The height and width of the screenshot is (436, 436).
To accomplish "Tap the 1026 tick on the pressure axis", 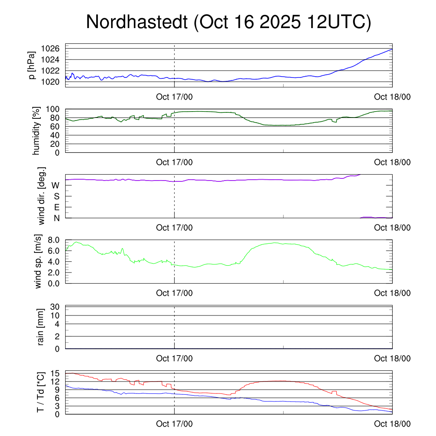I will pos(52,49).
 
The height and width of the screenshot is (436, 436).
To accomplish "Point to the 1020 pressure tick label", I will pos(52,82).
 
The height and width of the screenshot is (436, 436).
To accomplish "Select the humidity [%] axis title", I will pos(37,131).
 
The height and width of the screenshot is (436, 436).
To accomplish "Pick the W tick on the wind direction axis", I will pos(55,186).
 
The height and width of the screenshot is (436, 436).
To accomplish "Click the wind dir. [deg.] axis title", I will pos(41,196).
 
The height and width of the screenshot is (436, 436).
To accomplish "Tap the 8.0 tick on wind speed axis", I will pos(53,240).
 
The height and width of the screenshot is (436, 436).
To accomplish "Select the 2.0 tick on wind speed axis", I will pos(53,272).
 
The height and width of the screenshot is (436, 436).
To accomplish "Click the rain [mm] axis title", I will pos(41,327).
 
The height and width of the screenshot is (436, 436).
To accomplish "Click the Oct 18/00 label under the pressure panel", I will pos(392,97).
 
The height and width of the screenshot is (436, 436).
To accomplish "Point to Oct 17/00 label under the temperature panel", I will pos(174,424).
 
